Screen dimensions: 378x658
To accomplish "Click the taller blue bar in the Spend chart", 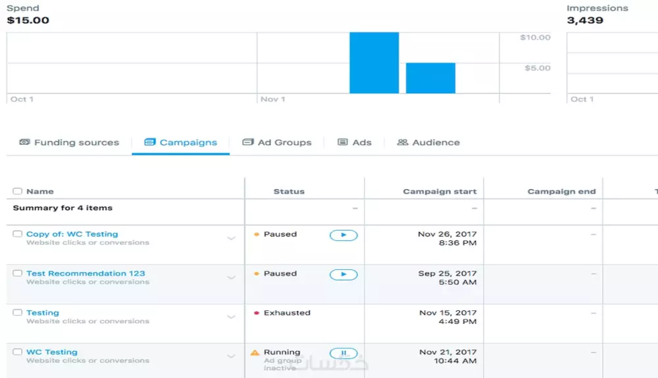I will tap(374, 63).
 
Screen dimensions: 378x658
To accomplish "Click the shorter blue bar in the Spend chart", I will tap(430, 78).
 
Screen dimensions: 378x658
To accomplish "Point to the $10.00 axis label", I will tap(535, 38).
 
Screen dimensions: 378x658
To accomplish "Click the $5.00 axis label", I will tap(537, 68).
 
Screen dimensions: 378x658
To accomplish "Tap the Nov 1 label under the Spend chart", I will tap(272, 99).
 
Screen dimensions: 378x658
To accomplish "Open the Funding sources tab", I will tap(69, 142).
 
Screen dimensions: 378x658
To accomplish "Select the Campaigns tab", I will tap(181, 142).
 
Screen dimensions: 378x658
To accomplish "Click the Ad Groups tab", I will tap(277, 142).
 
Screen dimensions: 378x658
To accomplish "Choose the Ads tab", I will tap(355, 142).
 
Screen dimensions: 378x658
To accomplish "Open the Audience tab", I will tap(428, 142).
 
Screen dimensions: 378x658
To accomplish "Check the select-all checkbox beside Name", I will tap(17, 192).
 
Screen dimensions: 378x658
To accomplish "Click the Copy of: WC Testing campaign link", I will tap(72, 234).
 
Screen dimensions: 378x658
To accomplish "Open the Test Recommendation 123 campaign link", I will tap(86, 273).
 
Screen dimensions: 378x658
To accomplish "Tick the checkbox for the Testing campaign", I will tap(17, 313).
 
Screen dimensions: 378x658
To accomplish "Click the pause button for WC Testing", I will tap(343, 354).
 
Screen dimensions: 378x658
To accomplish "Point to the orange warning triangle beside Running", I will tap(255, 353).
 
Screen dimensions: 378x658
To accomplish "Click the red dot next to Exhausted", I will tap(257, 313).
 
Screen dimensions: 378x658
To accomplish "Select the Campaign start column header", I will tap(440, 192).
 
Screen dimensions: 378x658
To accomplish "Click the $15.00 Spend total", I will tap(28, 20).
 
